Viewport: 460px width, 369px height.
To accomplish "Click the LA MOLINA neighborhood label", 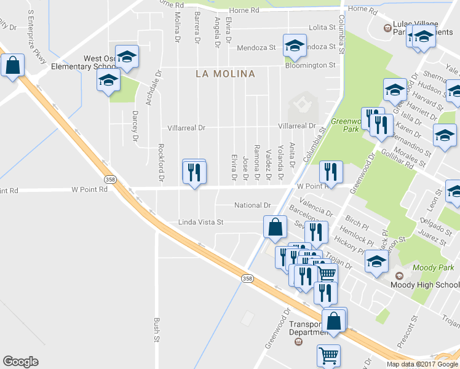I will [225, 74].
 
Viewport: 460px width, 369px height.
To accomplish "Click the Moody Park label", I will [434, 268].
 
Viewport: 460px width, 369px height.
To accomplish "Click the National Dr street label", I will [253, 205].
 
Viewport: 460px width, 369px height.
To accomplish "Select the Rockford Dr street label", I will [161, 162].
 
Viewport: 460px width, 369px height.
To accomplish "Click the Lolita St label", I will [322, 28].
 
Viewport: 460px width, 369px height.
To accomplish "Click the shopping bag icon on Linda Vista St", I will [275, 227].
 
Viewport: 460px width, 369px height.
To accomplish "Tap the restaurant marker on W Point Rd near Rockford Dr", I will [194, 172].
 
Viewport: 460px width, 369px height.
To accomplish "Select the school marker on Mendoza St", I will [295, 46].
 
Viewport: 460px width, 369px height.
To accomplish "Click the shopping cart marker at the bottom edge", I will [328, 355].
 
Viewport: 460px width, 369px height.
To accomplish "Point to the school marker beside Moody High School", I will [376, 261].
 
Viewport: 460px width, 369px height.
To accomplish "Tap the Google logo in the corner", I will [20, 362].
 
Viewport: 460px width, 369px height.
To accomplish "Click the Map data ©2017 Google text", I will [422, 364].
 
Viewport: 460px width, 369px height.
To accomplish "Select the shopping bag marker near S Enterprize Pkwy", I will [12, 65].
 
